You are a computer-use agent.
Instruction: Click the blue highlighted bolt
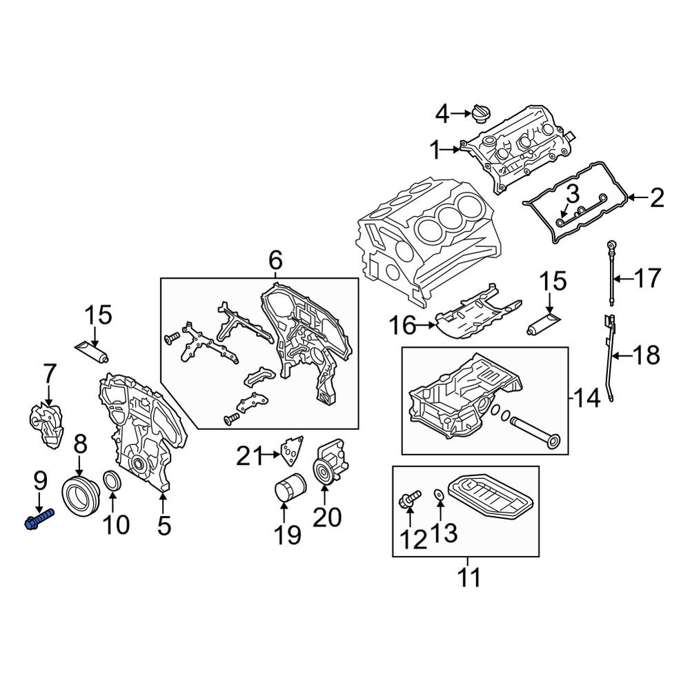(39, 519)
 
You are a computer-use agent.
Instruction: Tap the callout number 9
(39, 481)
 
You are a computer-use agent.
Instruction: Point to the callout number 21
(250, 455)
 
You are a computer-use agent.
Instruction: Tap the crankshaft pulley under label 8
(81, 494)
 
